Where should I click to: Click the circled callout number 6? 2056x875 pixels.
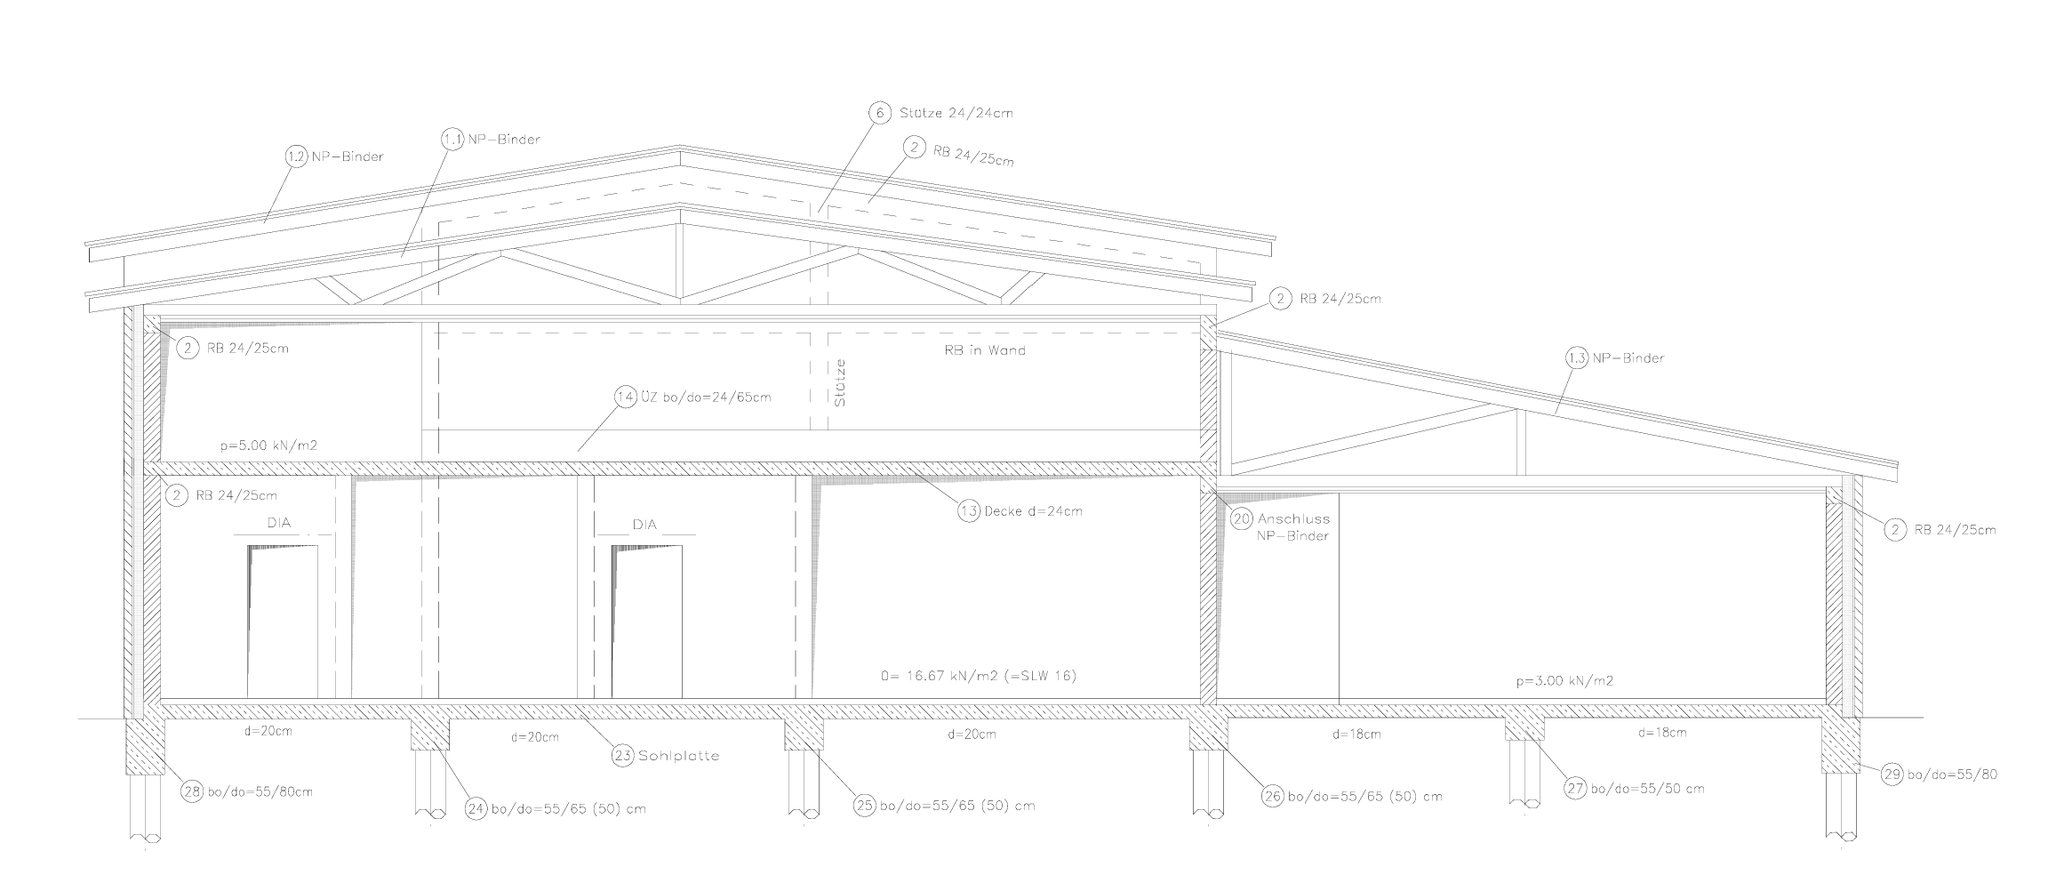point(879,114)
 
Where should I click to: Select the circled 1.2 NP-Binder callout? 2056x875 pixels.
point(296,157)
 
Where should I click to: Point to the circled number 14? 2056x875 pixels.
point(626,397)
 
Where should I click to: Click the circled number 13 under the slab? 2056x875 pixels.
point(969,511)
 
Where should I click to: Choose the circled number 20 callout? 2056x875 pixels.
point(1242,519)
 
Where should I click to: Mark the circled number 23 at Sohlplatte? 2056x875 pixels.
point(622,756)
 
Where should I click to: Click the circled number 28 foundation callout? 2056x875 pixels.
point(193,791)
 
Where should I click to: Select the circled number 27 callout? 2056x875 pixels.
point(1576,789)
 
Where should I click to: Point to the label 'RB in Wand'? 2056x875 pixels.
point(985,350)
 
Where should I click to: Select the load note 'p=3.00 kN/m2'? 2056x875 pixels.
point(1564,681)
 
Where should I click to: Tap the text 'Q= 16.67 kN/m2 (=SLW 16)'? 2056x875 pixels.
point(978,676)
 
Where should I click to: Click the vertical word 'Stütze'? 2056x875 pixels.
point(840,382)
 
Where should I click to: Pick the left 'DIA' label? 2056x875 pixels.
point(279,524)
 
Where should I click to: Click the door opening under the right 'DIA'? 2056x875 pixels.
point(647,622)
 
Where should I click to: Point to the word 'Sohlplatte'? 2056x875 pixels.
point(678,756)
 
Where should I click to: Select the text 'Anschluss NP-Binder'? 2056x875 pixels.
point(1293,527)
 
